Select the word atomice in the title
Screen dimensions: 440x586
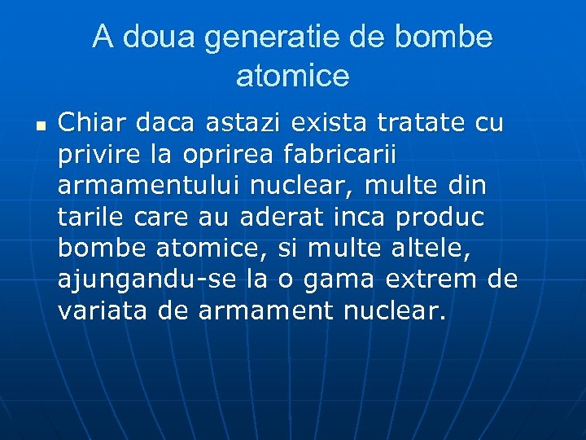(x=292, y=76)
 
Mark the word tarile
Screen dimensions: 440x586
(x=89, y=218)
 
